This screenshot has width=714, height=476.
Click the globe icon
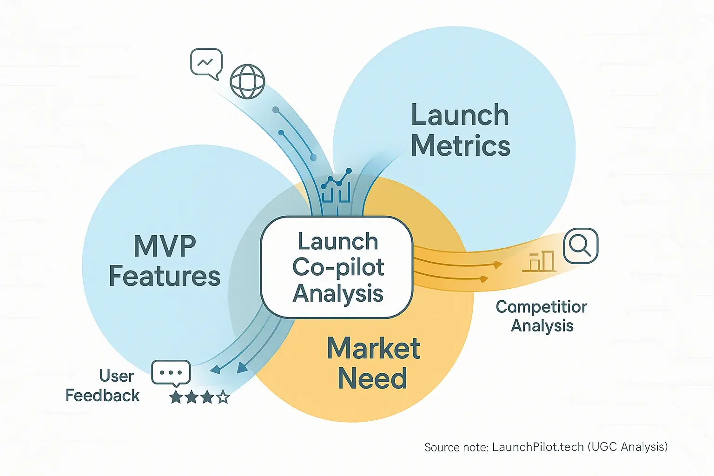click(x=247, y=81)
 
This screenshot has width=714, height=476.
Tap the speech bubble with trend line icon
click(x=206, y=63)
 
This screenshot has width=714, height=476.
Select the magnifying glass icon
click(x=581, y=245)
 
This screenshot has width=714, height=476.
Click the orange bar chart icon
click(x=539, y=261)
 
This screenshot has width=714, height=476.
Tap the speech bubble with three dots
click(x=171, y=373)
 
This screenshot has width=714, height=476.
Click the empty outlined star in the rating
click(x=223, y=397)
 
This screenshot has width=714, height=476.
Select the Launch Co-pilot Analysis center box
click(x=337, y=267)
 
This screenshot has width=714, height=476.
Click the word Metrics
click(x=460, y=145)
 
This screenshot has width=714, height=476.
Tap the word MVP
click(x=165, y=246)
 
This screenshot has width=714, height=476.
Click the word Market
click(x=373, y=348)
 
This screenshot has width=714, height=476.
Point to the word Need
click(x=372, y=378)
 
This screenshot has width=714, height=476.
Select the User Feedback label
click(x=103, y=386)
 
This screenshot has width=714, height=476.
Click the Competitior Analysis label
click(x=542, y=316)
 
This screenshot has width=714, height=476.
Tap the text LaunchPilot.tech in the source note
click(x=538, y=447)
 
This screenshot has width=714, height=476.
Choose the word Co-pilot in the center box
click(x=338, y=267)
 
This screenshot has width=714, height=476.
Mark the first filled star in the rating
click(x=176, y=397)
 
